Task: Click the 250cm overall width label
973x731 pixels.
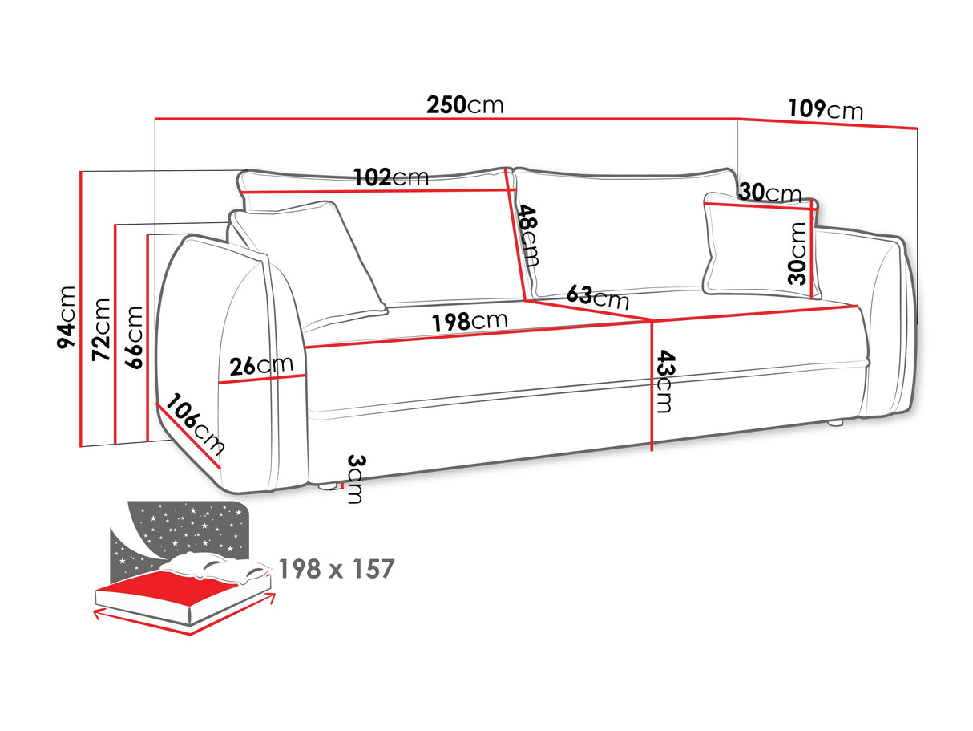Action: (465, 105)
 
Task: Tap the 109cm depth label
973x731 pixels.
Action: (826, 109)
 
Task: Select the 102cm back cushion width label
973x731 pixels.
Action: (391, 177)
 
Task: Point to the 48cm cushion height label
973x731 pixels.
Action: (528, 235)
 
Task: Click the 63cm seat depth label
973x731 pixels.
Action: (598, 296)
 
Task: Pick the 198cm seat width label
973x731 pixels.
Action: (470, 321)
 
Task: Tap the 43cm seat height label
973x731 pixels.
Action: (664, 381)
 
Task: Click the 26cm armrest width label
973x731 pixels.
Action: (261, 365)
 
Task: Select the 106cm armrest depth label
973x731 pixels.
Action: (195, 424)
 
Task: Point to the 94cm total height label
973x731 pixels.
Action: (67, 317)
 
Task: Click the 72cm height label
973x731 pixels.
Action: (101, 329)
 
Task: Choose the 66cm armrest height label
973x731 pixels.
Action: (133, 337)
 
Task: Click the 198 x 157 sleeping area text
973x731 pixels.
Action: (337, 569)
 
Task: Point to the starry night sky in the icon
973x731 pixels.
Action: (186, 528)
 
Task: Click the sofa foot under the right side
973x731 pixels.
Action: (834, 423)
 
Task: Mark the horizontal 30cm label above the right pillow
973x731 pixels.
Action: (770, 193)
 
